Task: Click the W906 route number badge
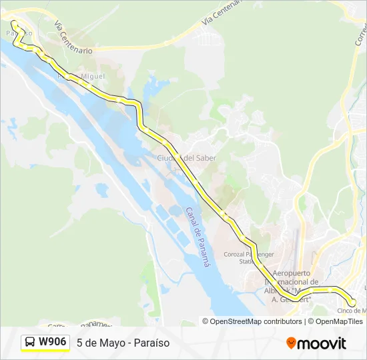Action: [x=52, y=342]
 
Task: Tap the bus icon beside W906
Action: [x=31, y=343]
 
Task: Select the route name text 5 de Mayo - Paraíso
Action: [x=123, y=343]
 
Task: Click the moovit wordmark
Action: [x=322, y=343]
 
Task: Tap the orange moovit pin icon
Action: [x=291, y=343]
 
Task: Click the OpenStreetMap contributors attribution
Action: [x=256, y=321]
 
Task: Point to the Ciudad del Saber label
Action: [x=186, y=158]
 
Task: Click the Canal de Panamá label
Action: [x=198, y=237]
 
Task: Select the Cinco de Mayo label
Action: [x=352, y=311]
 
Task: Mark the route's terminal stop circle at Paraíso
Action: [x=14, y=24]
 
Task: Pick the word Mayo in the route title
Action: [x=108, y=343]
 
